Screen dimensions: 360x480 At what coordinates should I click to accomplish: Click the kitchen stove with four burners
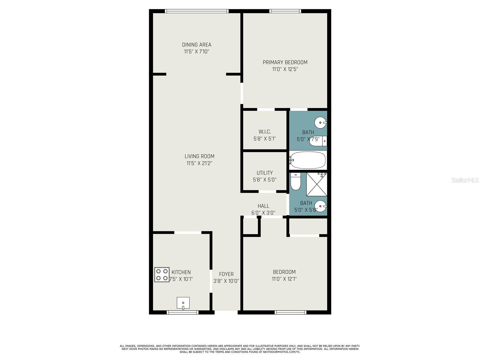click(x=162, y=274)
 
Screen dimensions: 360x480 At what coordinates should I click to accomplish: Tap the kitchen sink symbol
click(x=183, y=303)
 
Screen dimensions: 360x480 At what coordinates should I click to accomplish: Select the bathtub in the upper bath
click(x=307, y=160)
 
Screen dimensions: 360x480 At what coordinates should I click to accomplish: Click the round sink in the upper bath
click(x=320, y=123)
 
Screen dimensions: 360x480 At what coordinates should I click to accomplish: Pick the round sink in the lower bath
click(x=320, y=206)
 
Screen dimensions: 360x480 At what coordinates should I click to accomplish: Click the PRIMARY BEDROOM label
click(x=285, y=62)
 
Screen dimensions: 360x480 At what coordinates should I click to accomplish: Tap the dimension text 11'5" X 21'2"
click(x=199, y=163)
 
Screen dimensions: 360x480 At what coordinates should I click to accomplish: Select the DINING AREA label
click(x=196, y=45)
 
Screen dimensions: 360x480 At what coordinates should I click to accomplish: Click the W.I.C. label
click(x=265, y=132)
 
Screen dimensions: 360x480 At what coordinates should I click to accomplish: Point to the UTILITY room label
click(x=265, y=173)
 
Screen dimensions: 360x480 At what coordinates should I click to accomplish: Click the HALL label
click(x=263, y=206)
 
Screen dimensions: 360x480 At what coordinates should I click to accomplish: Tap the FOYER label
click(x=226, y=274)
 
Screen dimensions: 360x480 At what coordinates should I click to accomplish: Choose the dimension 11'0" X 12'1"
click(x=284, y=279)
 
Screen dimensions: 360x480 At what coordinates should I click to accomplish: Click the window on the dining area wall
click(x=196, y=11)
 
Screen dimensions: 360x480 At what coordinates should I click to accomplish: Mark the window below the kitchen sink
click(x=182, y=312)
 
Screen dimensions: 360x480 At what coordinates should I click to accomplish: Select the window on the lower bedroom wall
click(x=290, y=312)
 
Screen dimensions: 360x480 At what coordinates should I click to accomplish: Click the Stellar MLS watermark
click(x=465, y=180)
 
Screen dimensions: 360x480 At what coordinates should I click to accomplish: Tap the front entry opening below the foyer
click(x=226, y=312)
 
